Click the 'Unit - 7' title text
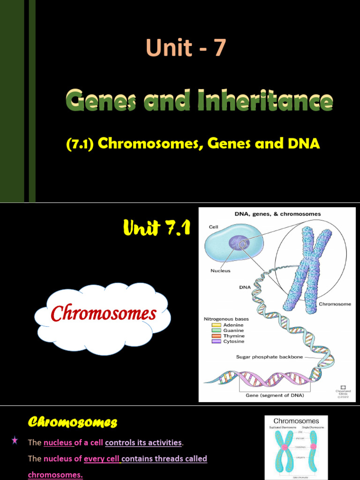(x=186, y=48)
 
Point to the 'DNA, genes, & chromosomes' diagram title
(x=277, y=214)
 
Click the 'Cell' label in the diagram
(x=213, y=227)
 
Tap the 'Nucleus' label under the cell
(x=220, y=270)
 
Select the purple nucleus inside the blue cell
(x=237, y=243)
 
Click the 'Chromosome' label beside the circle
(x=335, y=304)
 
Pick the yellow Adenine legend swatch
(x=216, y=325)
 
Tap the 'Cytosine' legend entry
(x=233, y=342)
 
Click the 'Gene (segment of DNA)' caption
(x=275, y=395)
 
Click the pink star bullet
(x=15, y=440)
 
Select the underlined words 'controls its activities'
(x=143, y=442)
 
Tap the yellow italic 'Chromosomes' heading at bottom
(x=72, y=422)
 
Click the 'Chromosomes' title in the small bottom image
(x=296, y=421)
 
